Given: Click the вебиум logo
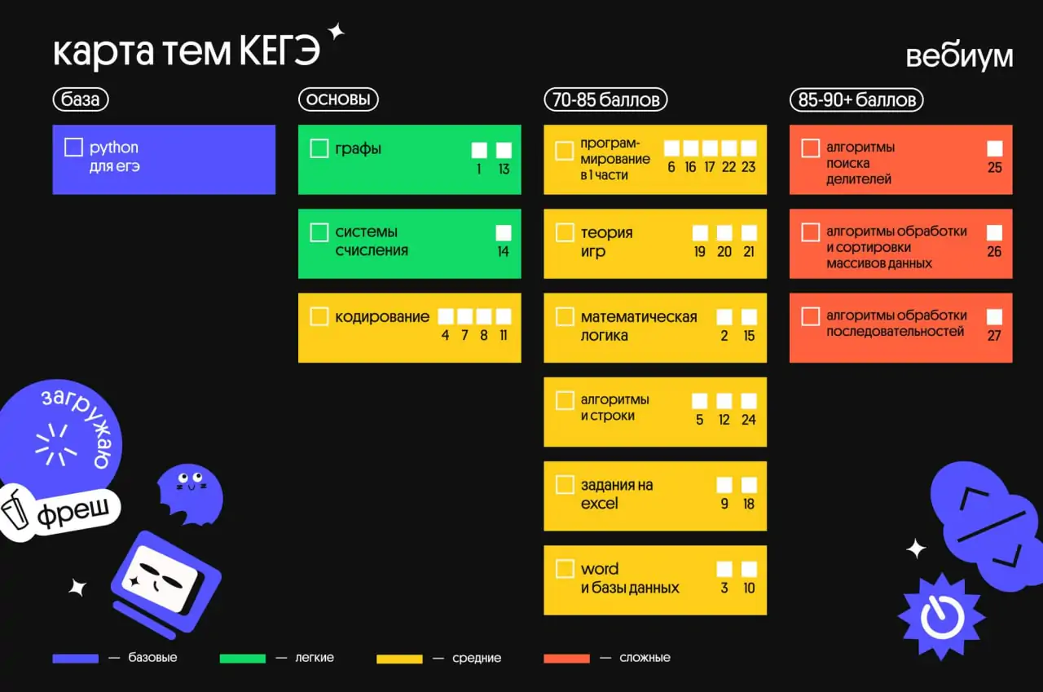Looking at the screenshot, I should (x=959, y=56).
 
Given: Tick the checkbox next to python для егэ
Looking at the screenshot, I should (x=73, y=148).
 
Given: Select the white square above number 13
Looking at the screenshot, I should (x=504, y=150).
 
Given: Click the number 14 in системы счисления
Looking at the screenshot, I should (x=503, y=252).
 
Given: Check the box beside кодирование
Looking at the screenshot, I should (x=319, y=316).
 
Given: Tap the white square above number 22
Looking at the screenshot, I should (x=728, y=148).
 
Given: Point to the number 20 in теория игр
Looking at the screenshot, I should (x=724, y=252).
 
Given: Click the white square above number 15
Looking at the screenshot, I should (x=749, y=317).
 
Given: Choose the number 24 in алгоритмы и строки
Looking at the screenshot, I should (x=748, y=420).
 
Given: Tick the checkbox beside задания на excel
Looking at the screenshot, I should (x=565, y=484).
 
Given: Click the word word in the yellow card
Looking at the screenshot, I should (x=599, y=569).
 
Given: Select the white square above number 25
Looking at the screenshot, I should (x=994, y=148).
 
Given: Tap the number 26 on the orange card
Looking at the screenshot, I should (x=994, y=252).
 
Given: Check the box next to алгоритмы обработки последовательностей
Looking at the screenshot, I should (x=810, y=316).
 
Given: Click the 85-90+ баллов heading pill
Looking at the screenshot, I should (x=856, y=100).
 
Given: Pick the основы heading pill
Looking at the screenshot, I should (x=338, y=100).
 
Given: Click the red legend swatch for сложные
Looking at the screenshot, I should (x=566, y=659).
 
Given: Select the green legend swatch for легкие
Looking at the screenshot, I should (x=243, y=659).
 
